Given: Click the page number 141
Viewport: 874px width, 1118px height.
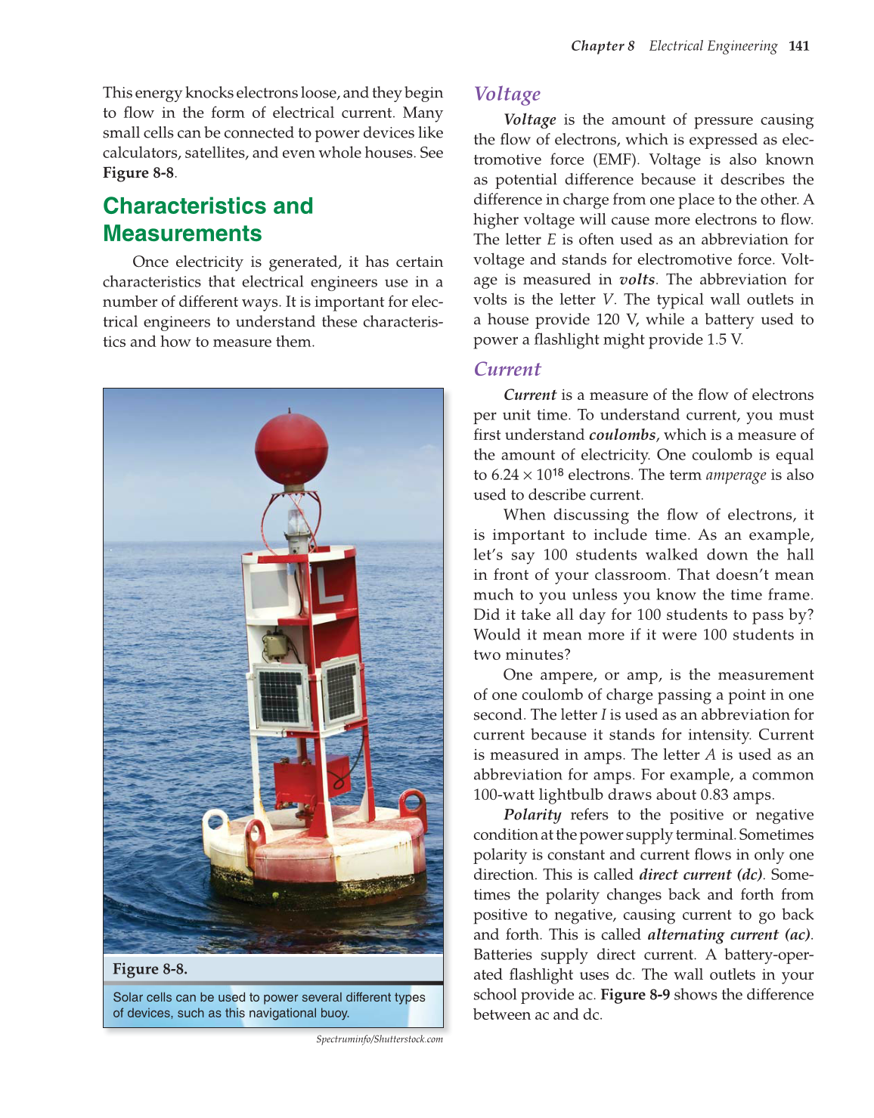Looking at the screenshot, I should [x=798, y=46].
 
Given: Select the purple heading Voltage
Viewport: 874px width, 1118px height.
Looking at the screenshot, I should [x=507, y=94].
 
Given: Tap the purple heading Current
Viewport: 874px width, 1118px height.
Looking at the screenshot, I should [x=507, y=369].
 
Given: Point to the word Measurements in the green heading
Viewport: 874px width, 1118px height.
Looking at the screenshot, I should [x=182, y=234].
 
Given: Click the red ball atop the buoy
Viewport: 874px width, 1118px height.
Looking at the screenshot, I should [x=291, y=448].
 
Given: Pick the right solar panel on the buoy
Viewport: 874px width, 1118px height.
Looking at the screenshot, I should [x=341, y=690].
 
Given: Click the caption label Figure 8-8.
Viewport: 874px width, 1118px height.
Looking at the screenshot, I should [x=150, y=969].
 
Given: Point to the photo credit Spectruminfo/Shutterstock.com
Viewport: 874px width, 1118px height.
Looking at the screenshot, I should [x=380, y=1039].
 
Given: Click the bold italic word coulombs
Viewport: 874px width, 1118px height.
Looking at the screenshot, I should [x=622, y=435].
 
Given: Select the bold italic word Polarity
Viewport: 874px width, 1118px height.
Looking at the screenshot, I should [x=532, y=815].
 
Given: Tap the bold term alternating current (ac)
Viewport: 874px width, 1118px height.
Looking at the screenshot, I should [x=729, y=934].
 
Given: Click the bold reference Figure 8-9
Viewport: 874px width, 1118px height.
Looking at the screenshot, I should [x=635, y=995].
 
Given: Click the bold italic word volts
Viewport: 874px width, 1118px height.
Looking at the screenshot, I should [x=637, y=280].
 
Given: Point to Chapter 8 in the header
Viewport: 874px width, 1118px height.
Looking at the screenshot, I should [x=603, y=46].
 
